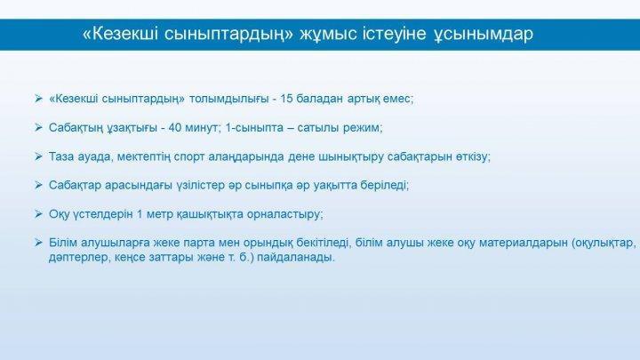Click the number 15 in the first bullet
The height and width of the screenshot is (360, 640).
[286, 99]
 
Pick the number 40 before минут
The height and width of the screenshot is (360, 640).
[175, 128]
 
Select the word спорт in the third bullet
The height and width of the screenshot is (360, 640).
[189, 157]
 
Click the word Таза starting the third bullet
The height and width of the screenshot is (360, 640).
[60, 156]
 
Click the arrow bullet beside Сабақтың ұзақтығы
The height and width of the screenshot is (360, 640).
[39, 128]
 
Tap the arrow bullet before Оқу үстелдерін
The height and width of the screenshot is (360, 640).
[39, 214]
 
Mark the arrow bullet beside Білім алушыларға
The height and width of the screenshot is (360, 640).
[39, 243]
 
